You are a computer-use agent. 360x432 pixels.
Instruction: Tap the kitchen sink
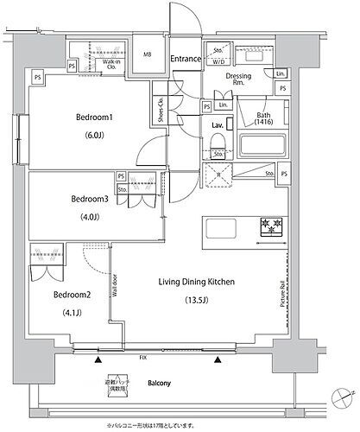(x=218, y=229)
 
